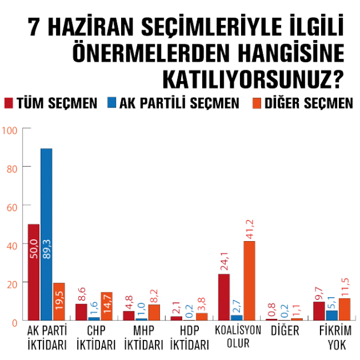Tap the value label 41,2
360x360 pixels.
(250, 228)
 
